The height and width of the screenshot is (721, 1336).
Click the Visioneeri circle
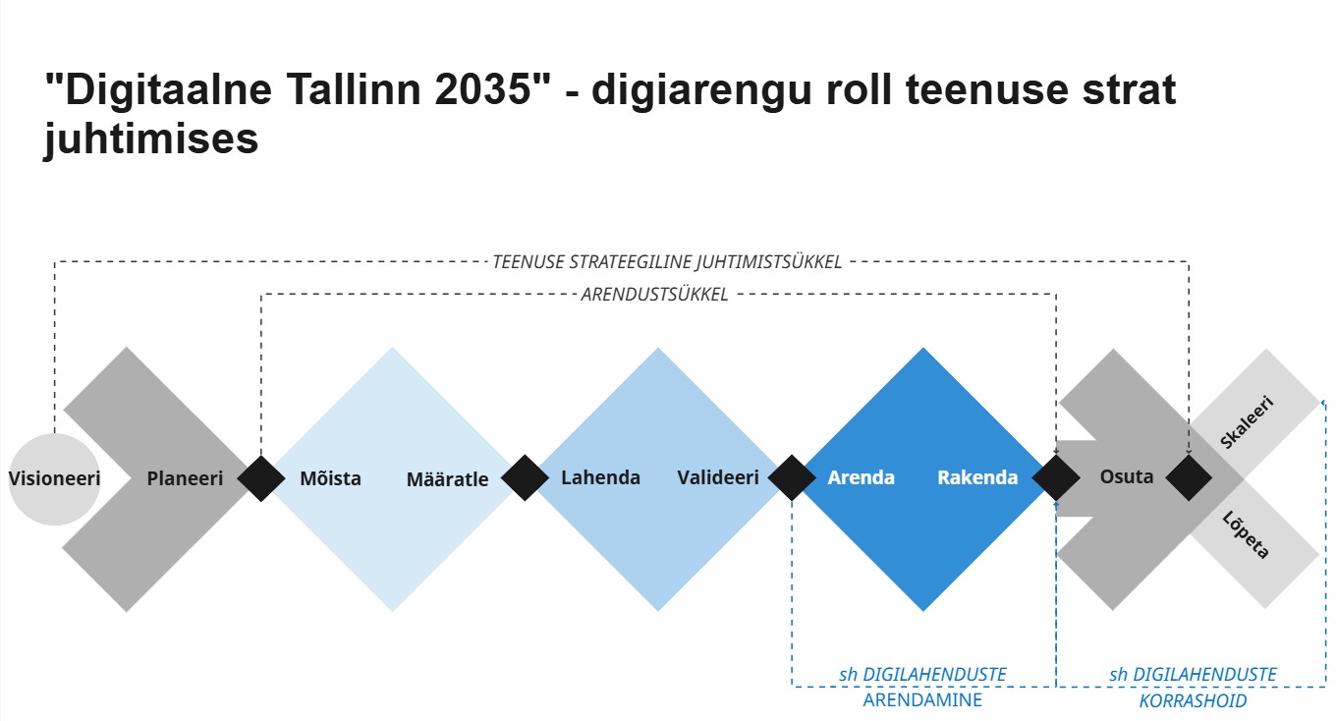click(x=54, y=479)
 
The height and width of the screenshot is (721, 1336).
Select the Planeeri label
click(x=185, y=478)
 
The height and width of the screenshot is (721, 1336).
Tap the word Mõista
click(x=330, y=478)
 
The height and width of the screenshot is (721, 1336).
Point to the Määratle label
click(x=447, y=479)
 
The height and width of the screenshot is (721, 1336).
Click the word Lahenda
click(x=600, y=477)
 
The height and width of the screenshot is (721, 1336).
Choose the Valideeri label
click(x=718, y=477)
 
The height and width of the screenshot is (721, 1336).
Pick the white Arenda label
click(x=862, y=477)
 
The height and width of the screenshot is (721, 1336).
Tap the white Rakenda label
click(x=977, y=477)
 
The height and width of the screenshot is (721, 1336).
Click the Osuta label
click(x=1127, y=476)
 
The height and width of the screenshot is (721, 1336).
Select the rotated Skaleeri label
click(x=1248, y=421)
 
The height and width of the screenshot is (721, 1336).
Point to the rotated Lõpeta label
click(x=1245, y=535)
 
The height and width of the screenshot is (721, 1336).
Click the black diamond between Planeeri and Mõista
click(x=261, y=478)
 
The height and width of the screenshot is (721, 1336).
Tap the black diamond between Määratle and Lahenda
click(x=525, y=477)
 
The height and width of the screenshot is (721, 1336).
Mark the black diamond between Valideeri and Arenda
click(x=792, y=477)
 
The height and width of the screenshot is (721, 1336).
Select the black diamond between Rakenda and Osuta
click(x=1056, y=477)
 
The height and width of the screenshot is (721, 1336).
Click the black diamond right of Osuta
click(x=1189, y=477)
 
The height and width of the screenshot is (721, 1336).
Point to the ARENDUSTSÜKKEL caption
click(x=654, y=294)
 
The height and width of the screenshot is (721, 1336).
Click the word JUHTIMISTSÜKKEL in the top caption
click(x=769, y=262)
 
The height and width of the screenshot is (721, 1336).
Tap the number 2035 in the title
click(x=482, y=88)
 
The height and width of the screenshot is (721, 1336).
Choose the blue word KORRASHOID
click(x=1193, y=700)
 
